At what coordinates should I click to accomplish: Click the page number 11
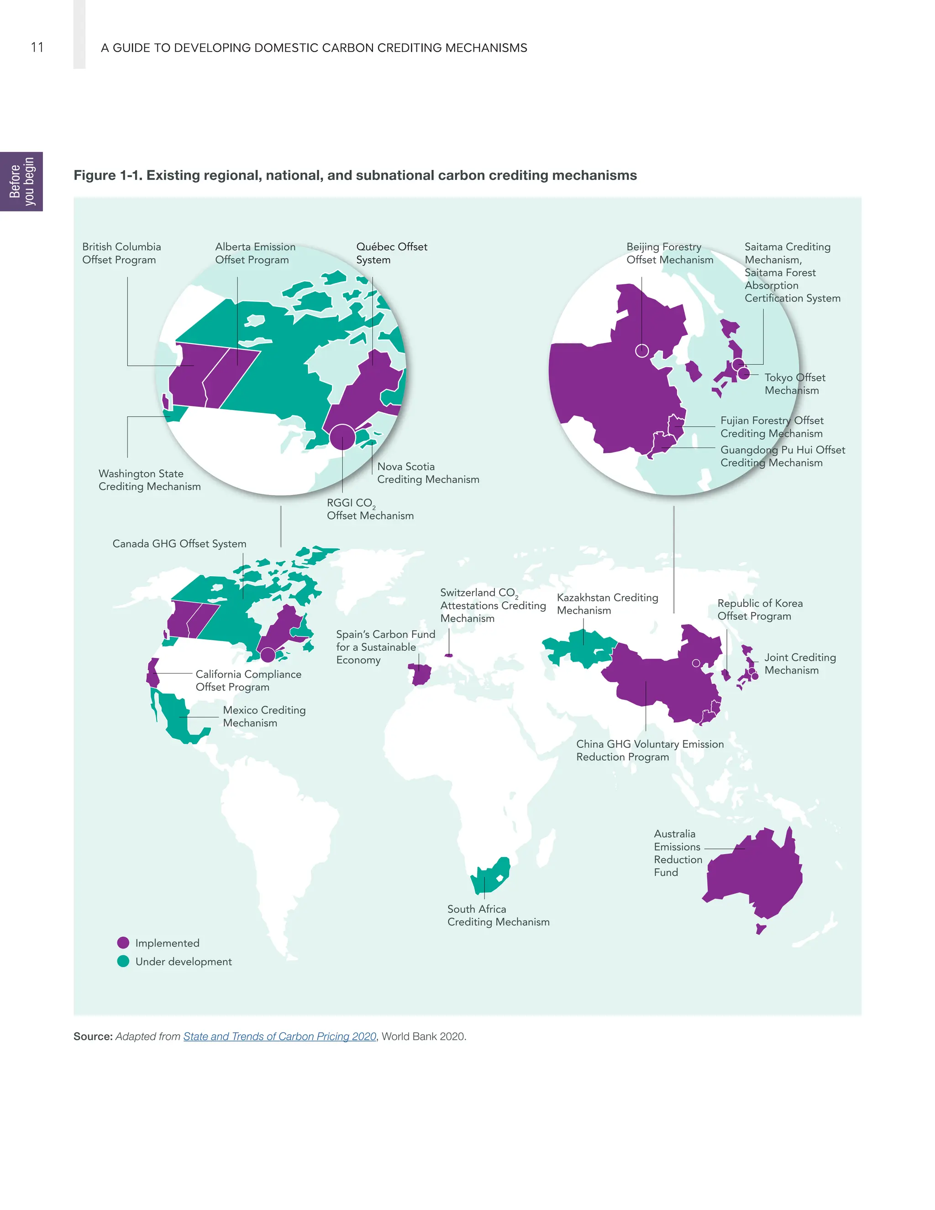tap(37, 47)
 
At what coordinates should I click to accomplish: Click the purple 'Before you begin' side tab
tap(21, 182)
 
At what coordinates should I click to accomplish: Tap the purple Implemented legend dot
tap(123, 943)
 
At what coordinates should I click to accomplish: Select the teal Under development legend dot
tap(123, 961)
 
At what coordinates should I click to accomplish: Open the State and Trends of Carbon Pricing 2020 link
tap(280, 1036)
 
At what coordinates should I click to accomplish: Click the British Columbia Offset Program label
tap(121, 253)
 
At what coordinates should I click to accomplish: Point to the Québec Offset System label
tap(392, 253)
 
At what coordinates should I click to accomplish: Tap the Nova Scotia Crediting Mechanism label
tap(428, 473)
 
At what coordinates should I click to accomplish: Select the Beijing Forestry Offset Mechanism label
tap(670, 253)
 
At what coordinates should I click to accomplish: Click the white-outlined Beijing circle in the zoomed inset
tap(642, 351)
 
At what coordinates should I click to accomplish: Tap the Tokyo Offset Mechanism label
tap(794, 384)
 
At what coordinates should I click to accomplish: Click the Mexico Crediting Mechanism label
tap(264, 716)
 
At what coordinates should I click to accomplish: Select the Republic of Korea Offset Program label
tap(759, 610)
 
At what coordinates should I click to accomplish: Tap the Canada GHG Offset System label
tap(179, 543)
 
